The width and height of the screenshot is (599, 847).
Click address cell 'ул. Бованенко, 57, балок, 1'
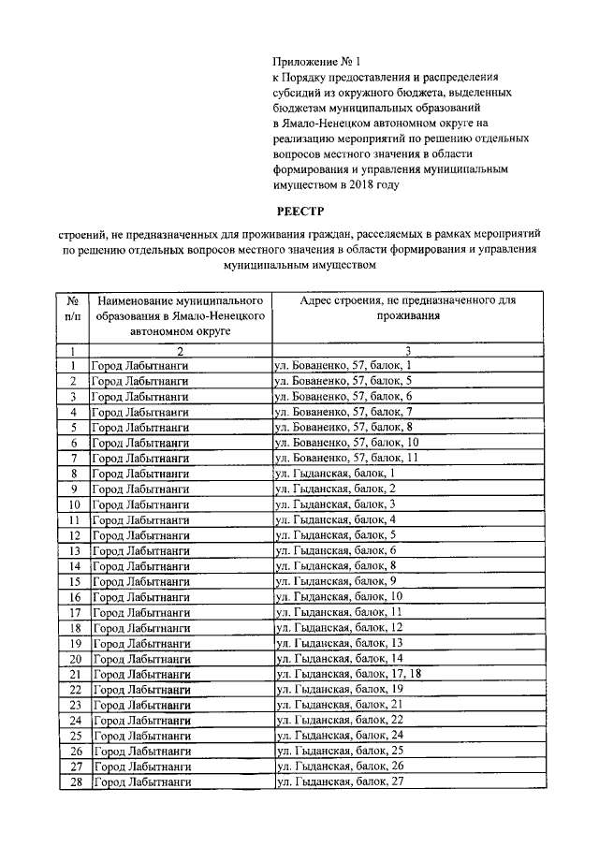point(343,366)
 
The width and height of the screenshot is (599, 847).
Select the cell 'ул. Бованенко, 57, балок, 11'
point(346,459)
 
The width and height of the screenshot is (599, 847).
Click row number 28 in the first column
point(72,781)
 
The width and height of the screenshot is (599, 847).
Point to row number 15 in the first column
point(72,581)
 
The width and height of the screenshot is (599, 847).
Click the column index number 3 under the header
point(408,350)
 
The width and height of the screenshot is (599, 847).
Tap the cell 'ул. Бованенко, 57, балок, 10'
point(346,443)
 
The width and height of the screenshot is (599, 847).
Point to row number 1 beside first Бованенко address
point(72,366)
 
